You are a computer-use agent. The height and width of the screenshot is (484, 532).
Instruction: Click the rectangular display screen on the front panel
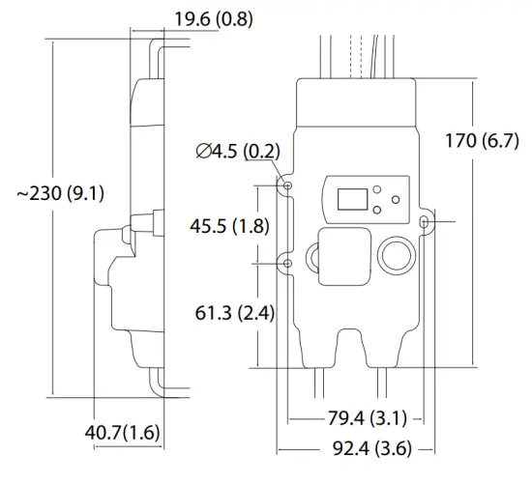350,199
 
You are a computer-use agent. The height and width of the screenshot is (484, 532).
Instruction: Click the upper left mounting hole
287,185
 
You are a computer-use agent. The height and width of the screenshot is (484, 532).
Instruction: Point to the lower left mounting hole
287,262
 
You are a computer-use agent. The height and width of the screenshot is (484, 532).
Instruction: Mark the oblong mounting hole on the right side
426,223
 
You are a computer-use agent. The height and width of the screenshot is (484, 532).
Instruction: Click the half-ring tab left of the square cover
311,257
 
